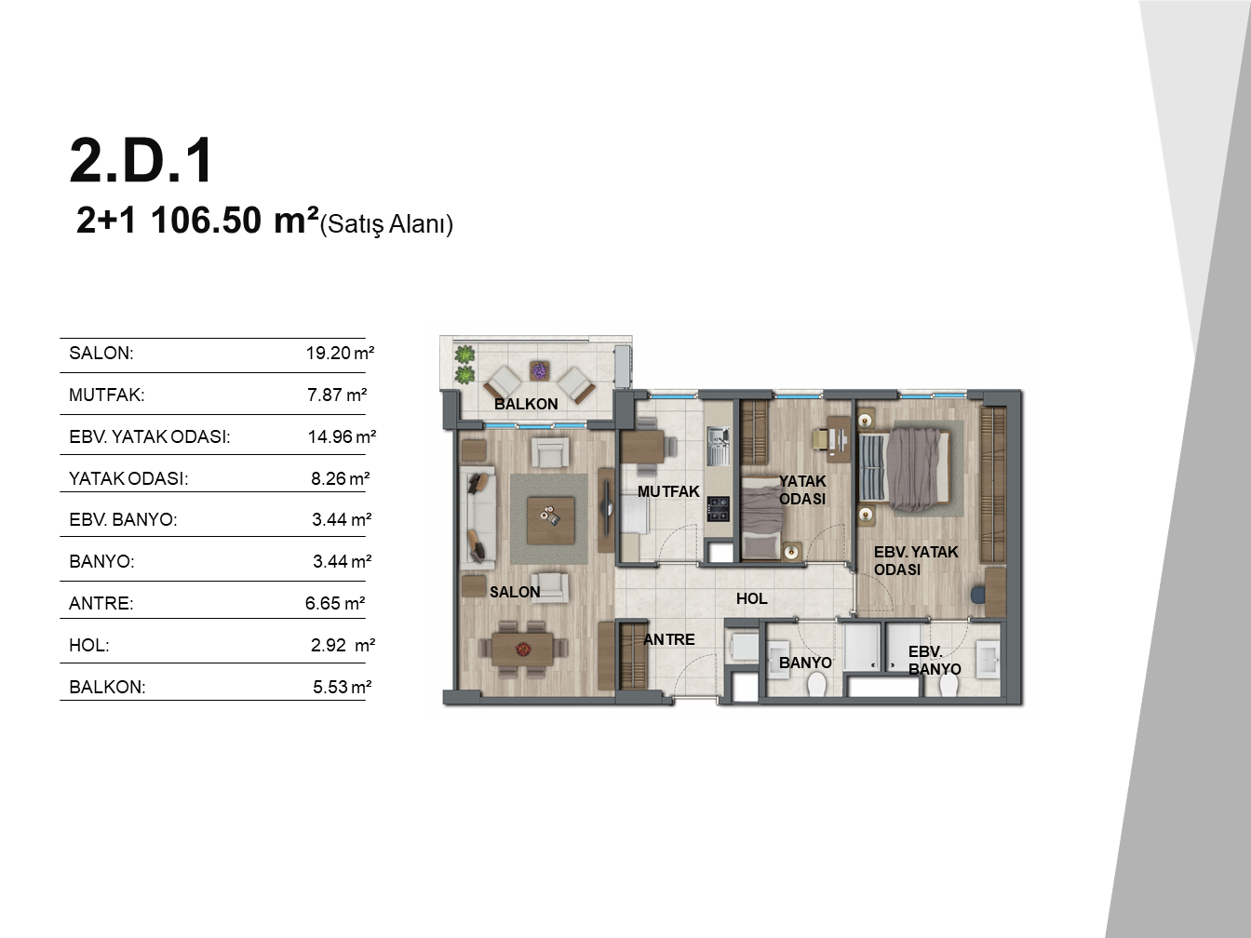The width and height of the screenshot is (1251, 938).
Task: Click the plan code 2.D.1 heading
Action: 141,160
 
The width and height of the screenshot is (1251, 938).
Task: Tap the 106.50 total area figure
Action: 206,221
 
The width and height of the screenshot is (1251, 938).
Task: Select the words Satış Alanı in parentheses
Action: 387,224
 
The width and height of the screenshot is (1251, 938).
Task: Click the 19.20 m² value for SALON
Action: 341,353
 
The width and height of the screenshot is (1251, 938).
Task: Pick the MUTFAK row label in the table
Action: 107,395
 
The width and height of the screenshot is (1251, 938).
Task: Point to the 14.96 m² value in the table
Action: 342,436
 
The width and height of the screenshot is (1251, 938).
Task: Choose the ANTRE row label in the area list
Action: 101,603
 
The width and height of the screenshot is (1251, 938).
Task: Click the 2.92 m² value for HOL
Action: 343,645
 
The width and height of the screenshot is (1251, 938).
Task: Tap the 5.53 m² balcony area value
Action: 342,687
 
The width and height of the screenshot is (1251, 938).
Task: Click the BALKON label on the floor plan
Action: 526,404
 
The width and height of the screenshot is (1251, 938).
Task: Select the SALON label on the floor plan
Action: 515,592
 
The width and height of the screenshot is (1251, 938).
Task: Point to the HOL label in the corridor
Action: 752,598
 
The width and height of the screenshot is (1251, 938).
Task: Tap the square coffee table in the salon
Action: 550,520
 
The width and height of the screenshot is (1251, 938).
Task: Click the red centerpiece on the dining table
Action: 522,648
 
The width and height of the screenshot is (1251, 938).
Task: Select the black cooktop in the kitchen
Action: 718,509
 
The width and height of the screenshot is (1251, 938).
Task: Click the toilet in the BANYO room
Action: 816,684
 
